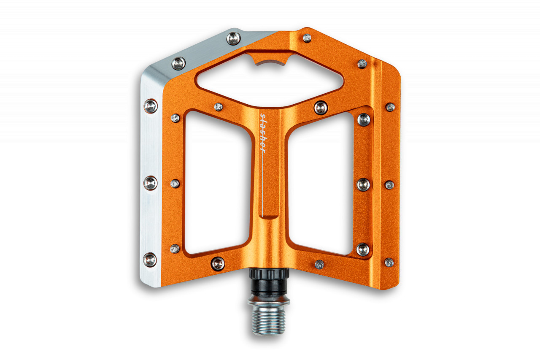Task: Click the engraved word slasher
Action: click(x=263, y=133)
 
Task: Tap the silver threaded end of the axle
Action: click(x=269, y=321)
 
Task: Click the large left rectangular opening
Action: click(x=218, y=182)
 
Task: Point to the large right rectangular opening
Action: click(x=321, y=183)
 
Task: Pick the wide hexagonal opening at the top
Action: click(x=269, y=80)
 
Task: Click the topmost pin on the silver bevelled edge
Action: click(x=233, y=38)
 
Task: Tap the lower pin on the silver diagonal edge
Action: click(x=178, y=64)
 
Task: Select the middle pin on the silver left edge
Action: click(x=151, y=183)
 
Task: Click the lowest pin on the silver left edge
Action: click(x=150, y=260)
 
